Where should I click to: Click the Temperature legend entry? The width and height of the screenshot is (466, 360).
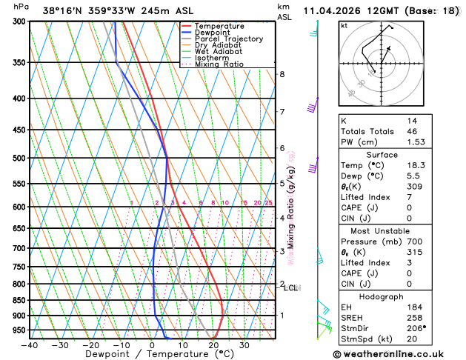click(x=220, y=26)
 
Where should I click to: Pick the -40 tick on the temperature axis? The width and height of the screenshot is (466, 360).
click(x=30, y=344)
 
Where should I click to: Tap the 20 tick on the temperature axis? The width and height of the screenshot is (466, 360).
click(x=213, y=344)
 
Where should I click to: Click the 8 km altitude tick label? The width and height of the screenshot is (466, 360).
click(x=282, y=74)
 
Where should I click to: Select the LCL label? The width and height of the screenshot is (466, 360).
click(x=290, y=287)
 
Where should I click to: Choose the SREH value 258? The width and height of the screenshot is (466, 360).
click(x=414, y=317)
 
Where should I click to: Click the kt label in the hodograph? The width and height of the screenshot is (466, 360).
click(x=344, y=25)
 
